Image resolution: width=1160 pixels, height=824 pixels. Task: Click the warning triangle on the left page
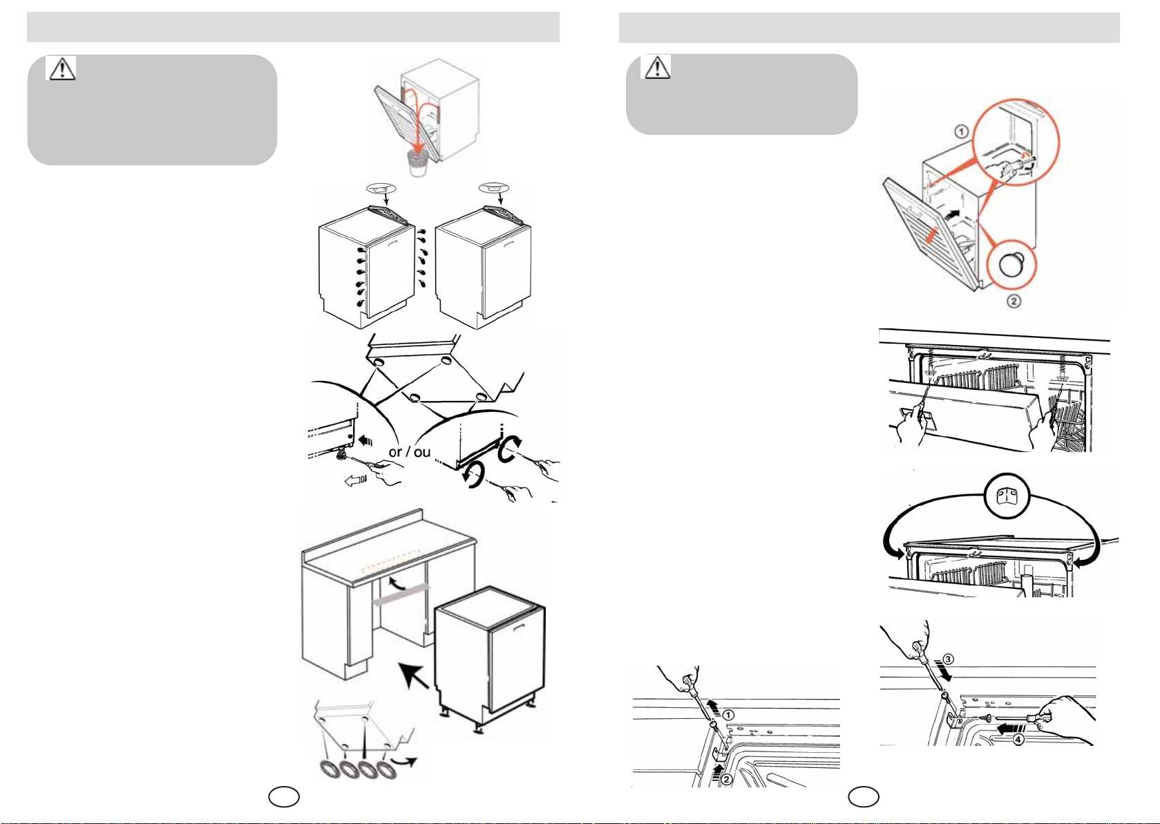point(61,68)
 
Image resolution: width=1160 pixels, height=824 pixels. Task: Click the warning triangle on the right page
point(657,67)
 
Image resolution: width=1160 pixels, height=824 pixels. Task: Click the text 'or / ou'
point(409,452)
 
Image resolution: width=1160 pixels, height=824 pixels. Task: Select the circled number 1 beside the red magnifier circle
point(962,131)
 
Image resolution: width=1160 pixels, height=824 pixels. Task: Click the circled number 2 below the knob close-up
point(1014,301)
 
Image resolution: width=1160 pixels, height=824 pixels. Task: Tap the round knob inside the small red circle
point(1014,265)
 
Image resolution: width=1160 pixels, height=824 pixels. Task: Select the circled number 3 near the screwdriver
point(949,659)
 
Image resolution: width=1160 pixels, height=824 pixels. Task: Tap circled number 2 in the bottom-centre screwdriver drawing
point(726,779)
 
